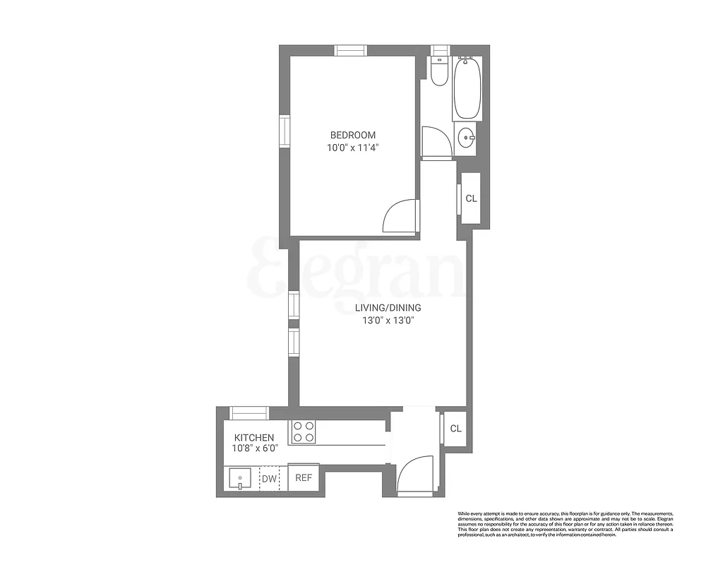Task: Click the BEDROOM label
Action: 353,135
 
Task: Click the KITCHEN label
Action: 254,438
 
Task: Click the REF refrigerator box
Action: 304,477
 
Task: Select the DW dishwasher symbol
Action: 269,479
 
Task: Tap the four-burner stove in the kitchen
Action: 304,432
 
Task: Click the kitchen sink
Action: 240,479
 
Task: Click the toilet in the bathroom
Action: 439,71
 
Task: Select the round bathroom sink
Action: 465,137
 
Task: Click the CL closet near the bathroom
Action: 471,198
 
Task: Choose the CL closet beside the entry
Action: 455,428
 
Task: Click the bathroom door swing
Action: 435,141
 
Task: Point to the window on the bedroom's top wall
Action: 351,50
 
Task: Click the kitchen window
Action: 249,413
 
